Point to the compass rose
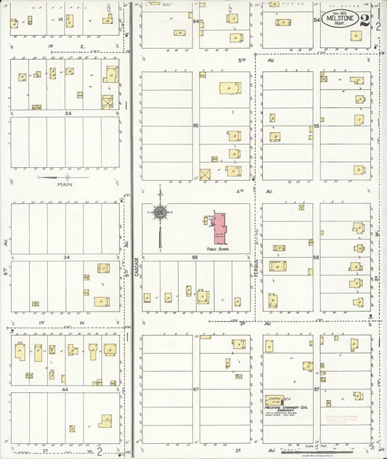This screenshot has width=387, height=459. coord(159,212)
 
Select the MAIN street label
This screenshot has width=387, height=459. coord(67,184)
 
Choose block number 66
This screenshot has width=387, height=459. coord(195,256)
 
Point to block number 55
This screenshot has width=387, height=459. coord(317,126)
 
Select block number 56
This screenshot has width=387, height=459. coord(317,257)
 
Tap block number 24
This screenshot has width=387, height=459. coord(67,113)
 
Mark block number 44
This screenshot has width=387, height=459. coord(67,389)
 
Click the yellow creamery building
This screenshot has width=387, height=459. coord(274,399)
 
